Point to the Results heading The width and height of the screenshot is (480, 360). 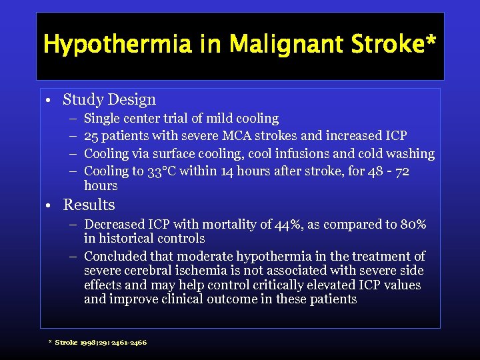[x=89, y=205]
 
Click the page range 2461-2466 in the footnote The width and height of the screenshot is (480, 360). [x=129, y=343]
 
